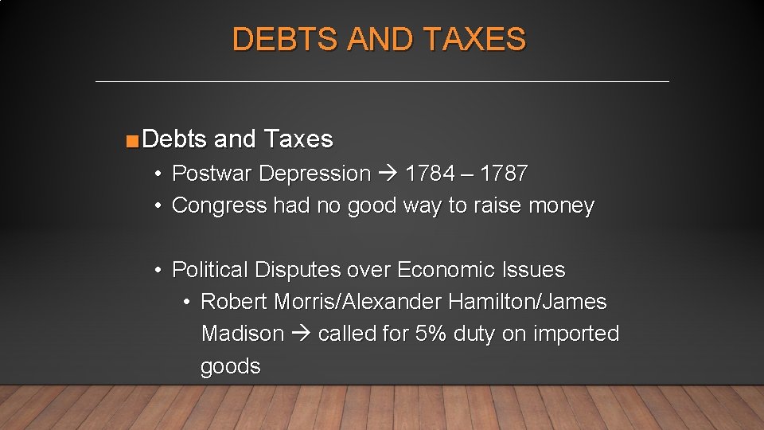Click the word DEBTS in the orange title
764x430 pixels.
coord(283,39)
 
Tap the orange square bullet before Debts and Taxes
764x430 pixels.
coord(132,142)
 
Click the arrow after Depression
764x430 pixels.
coord(388,174)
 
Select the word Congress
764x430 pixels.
coord(220,205)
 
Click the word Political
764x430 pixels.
coord(210,270)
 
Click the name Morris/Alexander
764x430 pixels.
coord(358,302)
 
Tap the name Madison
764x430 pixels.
coord(243,334)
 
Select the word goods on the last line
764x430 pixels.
coord(231,366)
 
